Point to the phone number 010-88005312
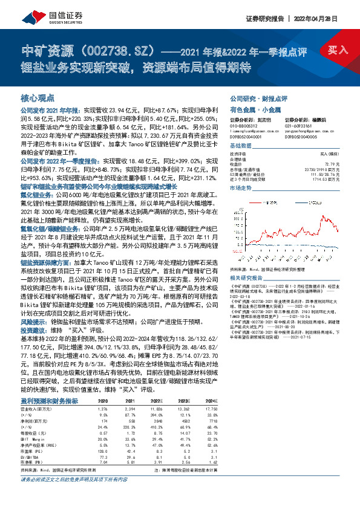tap(244, 126)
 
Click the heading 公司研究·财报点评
tap(257, 97)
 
